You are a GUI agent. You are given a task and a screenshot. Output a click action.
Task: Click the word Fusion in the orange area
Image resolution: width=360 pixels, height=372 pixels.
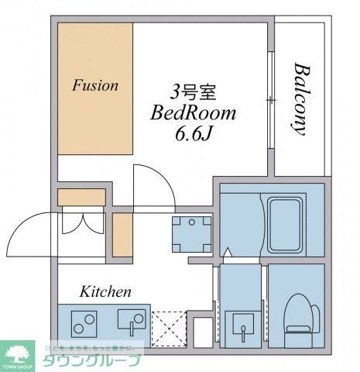click(95, 85)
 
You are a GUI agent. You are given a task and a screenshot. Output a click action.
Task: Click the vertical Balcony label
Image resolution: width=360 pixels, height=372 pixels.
click(298, 98)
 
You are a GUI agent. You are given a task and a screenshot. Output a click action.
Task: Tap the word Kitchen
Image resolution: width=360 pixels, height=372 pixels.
click(105, 292)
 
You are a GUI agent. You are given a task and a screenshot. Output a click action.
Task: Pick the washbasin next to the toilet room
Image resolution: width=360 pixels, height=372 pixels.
click(242, 322)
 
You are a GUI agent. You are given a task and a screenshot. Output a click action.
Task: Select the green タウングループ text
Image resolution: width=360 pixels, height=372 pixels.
click(91, 360)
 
